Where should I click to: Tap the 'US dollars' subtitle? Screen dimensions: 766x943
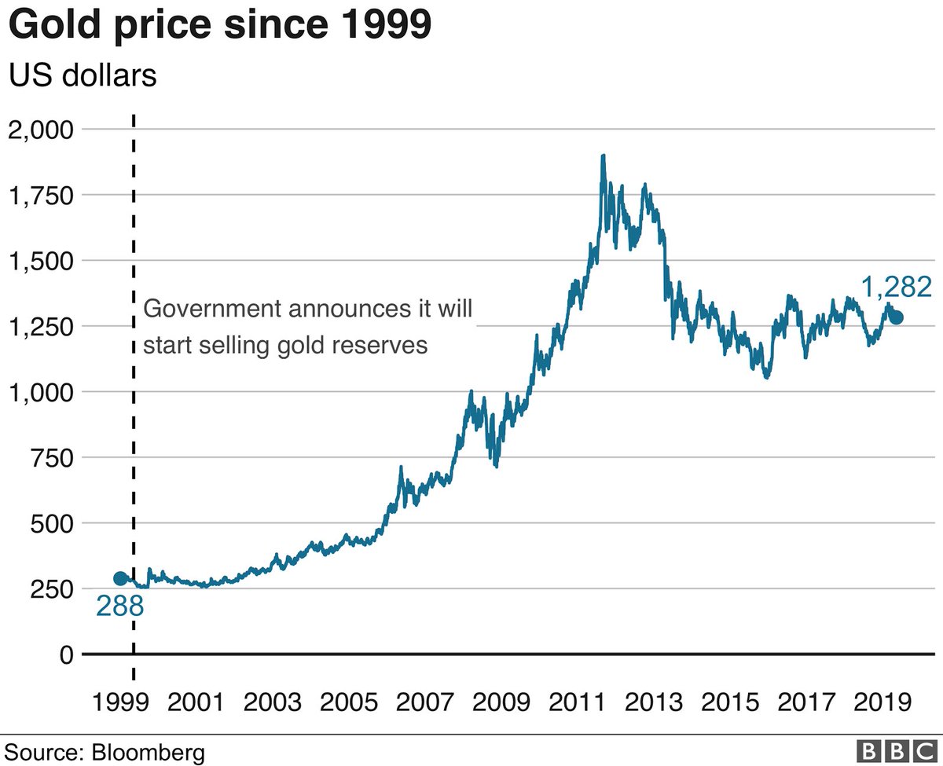coord(82,77)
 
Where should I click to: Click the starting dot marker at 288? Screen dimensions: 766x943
coord(120,578)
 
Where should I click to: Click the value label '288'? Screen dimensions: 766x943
coord(119,607)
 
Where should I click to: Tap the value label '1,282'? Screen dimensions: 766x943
coord(897,287)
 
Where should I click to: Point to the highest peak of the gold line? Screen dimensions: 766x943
coord(603,156)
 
